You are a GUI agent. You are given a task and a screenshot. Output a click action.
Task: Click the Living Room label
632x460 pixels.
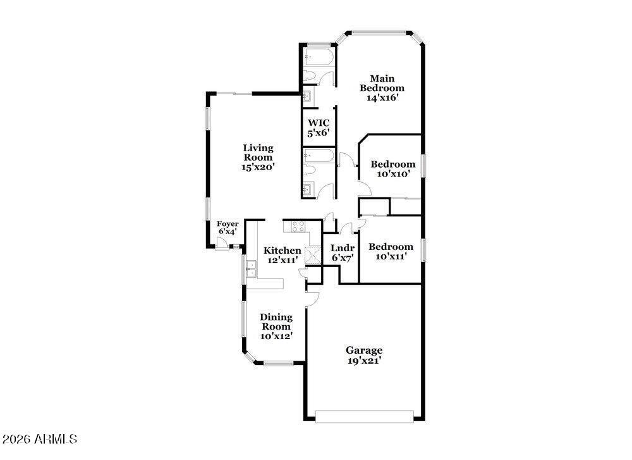click(258, 152)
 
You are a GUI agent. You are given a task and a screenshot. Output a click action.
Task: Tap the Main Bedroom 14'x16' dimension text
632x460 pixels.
click(382, 97)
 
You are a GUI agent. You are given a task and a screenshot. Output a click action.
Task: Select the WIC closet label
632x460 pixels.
click(319, 123)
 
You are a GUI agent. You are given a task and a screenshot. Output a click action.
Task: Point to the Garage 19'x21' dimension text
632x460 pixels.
click(365, 361)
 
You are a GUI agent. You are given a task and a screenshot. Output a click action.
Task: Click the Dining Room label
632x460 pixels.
click(276, 321)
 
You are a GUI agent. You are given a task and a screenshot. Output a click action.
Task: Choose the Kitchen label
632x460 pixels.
click(282, 251)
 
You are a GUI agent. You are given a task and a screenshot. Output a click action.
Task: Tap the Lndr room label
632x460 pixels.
click(343, 248)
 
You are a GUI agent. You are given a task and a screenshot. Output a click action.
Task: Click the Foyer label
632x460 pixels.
click(228, 224)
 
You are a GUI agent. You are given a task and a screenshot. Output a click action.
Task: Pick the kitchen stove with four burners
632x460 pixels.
click(298, 227)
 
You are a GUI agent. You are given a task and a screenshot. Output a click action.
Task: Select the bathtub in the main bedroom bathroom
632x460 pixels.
click(319, 57)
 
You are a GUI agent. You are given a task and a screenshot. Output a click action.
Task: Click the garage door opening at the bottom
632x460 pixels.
click(365, 416)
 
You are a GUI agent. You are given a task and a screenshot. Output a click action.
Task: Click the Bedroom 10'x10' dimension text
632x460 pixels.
click(393, 174)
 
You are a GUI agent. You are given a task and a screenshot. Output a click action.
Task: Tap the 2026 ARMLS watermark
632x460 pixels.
click(39, 438)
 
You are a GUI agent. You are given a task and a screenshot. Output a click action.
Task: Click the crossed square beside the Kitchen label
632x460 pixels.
click(312, 255)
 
